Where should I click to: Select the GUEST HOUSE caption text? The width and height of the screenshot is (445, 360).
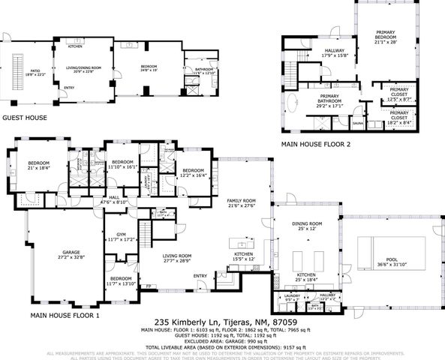[25, 118]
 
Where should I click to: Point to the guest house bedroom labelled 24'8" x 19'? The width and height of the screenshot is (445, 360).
[150, 67]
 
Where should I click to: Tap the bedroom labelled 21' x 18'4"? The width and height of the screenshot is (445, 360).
[38, 165]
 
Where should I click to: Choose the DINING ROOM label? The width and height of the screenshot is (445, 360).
[307, 226]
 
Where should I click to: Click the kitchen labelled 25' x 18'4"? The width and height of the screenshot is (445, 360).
[307, 277]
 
